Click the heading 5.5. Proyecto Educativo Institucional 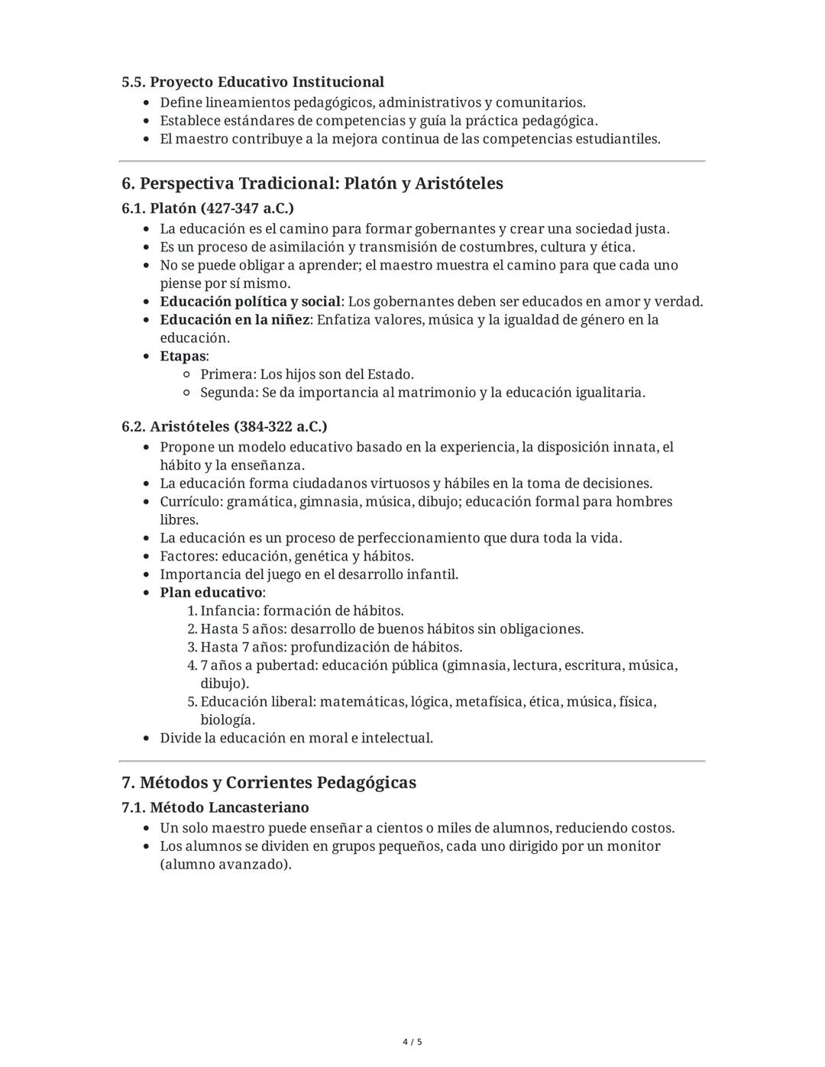click(253, 82)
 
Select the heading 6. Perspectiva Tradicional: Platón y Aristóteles click(312, 183)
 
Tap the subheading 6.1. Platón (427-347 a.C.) click(208, 208)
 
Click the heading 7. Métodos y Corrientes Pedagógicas click(269, 783)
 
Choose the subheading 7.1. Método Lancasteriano click(215, 807)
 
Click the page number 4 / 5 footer click(412, 1042)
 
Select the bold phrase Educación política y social click(250, 302)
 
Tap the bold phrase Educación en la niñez click(235, 320)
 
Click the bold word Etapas click(183, 356)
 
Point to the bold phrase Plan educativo click(211, 593)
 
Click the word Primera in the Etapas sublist click(227, 374)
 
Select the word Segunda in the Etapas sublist click(228, 393)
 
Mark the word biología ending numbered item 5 click(227, 720)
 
